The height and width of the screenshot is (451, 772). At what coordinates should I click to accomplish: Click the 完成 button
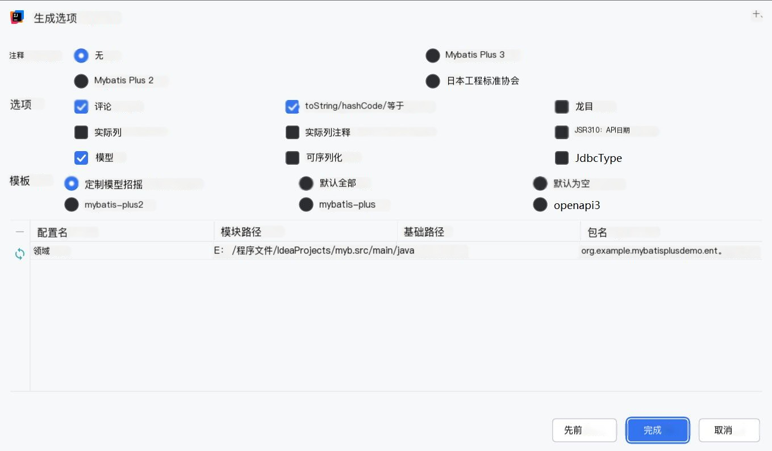(x=657, y=430)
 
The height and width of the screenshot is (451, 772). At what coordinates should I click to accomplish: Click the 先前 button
(x=584, y=430)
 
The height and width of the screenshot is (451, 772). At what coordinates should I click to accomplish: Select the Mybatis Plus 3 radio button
(x=433, y=56)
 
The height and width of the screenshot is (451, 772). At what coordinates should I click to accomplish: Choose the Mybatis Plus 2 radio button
(x=81, y=81)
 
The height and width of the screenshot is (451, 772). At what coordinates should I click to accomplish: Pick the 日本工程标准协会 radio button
(x=433, y=81)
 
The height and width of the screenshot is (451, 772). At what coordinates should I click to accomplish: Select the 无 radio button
(x=81, y=56)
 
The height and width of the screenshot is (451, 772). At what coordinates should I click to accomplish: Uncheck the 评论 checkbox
(x=81, y=107)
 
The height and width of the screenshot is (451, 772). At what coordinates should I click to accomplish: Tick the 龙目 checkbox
(x=562, y=107)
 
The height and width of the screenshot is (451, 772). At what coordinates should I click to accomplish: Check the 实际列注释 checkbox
(x=293, y=132)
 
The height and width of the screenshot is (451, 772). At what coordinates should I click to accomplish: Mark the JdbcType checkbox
(x=562, y=158)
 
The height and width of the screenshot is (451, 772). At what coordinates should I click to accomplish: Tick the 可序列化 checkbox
(x=293, y=158)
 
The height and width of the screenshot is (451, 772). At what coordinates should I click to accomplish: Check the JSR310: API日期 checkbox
(x=562, y=132)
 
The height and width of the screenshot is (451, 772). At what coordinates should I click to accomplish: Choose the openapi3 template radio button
(x=540, y=204)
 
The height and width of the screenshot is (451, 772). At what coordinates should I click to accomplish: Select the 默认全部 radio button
(x=306, y=183)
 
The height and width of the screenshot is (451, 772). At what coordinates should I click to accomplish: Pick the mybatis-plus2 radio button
(x=72, y=204)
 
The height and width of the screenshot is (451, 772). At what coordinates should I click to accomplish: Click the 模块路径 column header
(x=241, y=232)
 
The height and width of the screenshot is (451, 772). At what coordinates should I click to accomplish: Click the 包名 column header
(x=598, y=232)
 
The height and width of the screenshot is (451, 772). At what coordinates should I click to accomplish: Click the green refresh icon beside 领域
(x=20, y=254)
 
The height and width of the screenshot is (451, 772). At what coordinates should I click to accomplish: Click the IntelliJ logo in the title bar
(x=17, y=18)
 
